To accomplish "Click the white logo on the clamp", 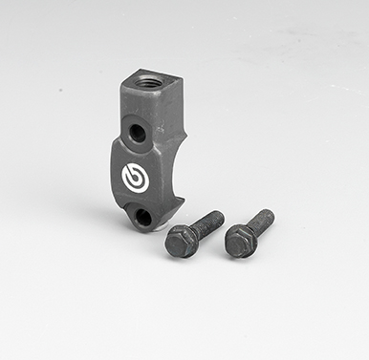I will pos(134,177).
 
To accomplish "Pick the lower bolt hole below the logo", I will pos(142,217).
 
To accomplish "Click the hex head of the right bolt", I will pos(237,244).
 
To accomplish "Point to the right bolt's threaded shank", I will pos(258,224).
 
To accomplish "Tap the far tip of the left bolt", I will pos(220,216).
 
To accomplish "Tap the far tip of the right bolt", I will pos(271,214).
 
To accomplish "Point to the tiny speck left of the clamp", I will pos(59,93).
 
